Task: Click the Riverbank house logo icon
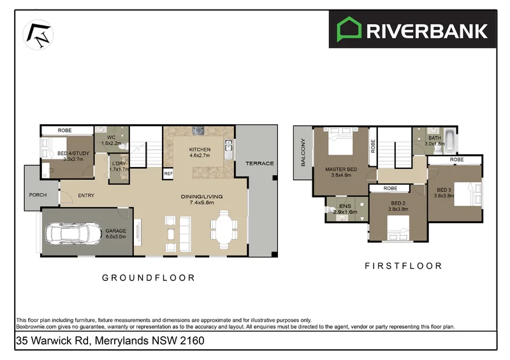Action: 348,30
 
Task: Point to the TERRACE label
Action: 260,164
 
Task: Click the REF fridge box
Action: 168,173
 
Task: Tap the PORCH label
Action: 38,195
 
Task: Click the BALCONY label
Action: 303,153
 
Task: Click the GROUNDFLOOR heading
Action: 149,278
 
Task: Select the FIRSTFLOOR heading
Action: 402,266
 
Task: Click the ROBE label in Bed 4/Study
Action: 64,130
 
